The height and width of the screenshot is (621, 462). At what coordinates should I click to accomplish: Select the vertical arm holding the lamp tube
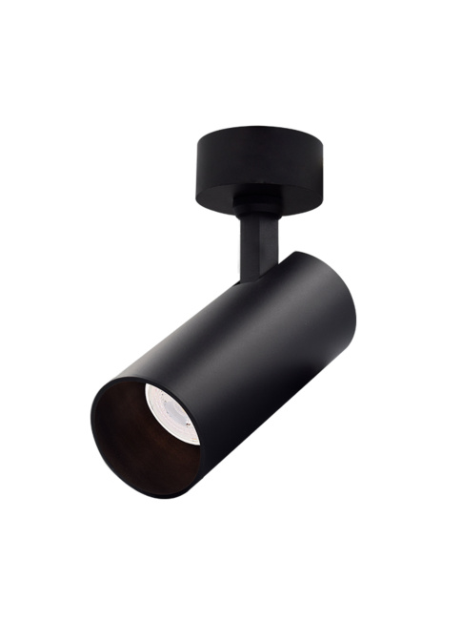click(x=254, y=243)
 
